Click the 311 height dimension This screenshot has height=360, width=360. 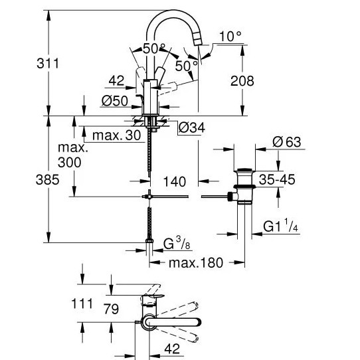click(x=48, y=63)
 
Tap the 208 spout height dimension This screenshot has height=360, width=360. click(x=242, y=81)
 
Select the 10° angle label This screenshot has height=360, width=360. click(x=230, y=37)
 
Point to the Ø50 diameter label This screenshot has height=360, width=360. click(x=114, y=101)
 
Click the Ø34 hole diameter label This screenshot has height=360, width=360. click(x=191, y=128)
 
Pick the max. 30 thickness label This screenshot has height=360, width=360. click(x=117, y=135)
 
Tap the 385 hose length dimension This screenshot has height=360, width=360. click(x=48, y=179)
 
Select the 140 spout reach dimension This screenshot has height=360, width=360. click(x=175, y=181)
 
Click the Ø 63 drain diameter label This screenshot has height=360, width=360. click(x=286, y=142)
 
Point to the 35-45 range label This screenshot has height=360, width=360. click(x=277, y=179)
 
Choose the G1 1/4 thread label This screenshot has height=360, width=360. click(x=280, y=226)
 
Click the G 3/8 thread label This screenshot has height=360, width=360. click(x=177, y=243)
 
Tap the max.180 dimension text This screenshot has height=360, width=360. click(x=196, y=262)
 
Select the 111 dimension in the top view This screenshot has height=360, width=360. click(x=82, y=304)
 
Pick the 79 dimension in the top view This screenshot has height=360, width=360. click(x=111, y=309)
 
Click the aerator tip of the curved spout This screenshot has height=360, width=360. click(x=198, y=39)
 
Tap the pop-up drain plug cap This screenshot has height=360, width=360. click(x=244, y=171)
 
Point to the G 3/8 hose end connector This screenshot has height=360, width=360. click(x=149, y=240)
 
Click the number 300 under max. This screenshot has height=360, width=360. click(x=69, y=162)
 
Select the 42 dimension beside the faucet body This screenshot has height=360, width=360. click(x=116, y=80)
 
